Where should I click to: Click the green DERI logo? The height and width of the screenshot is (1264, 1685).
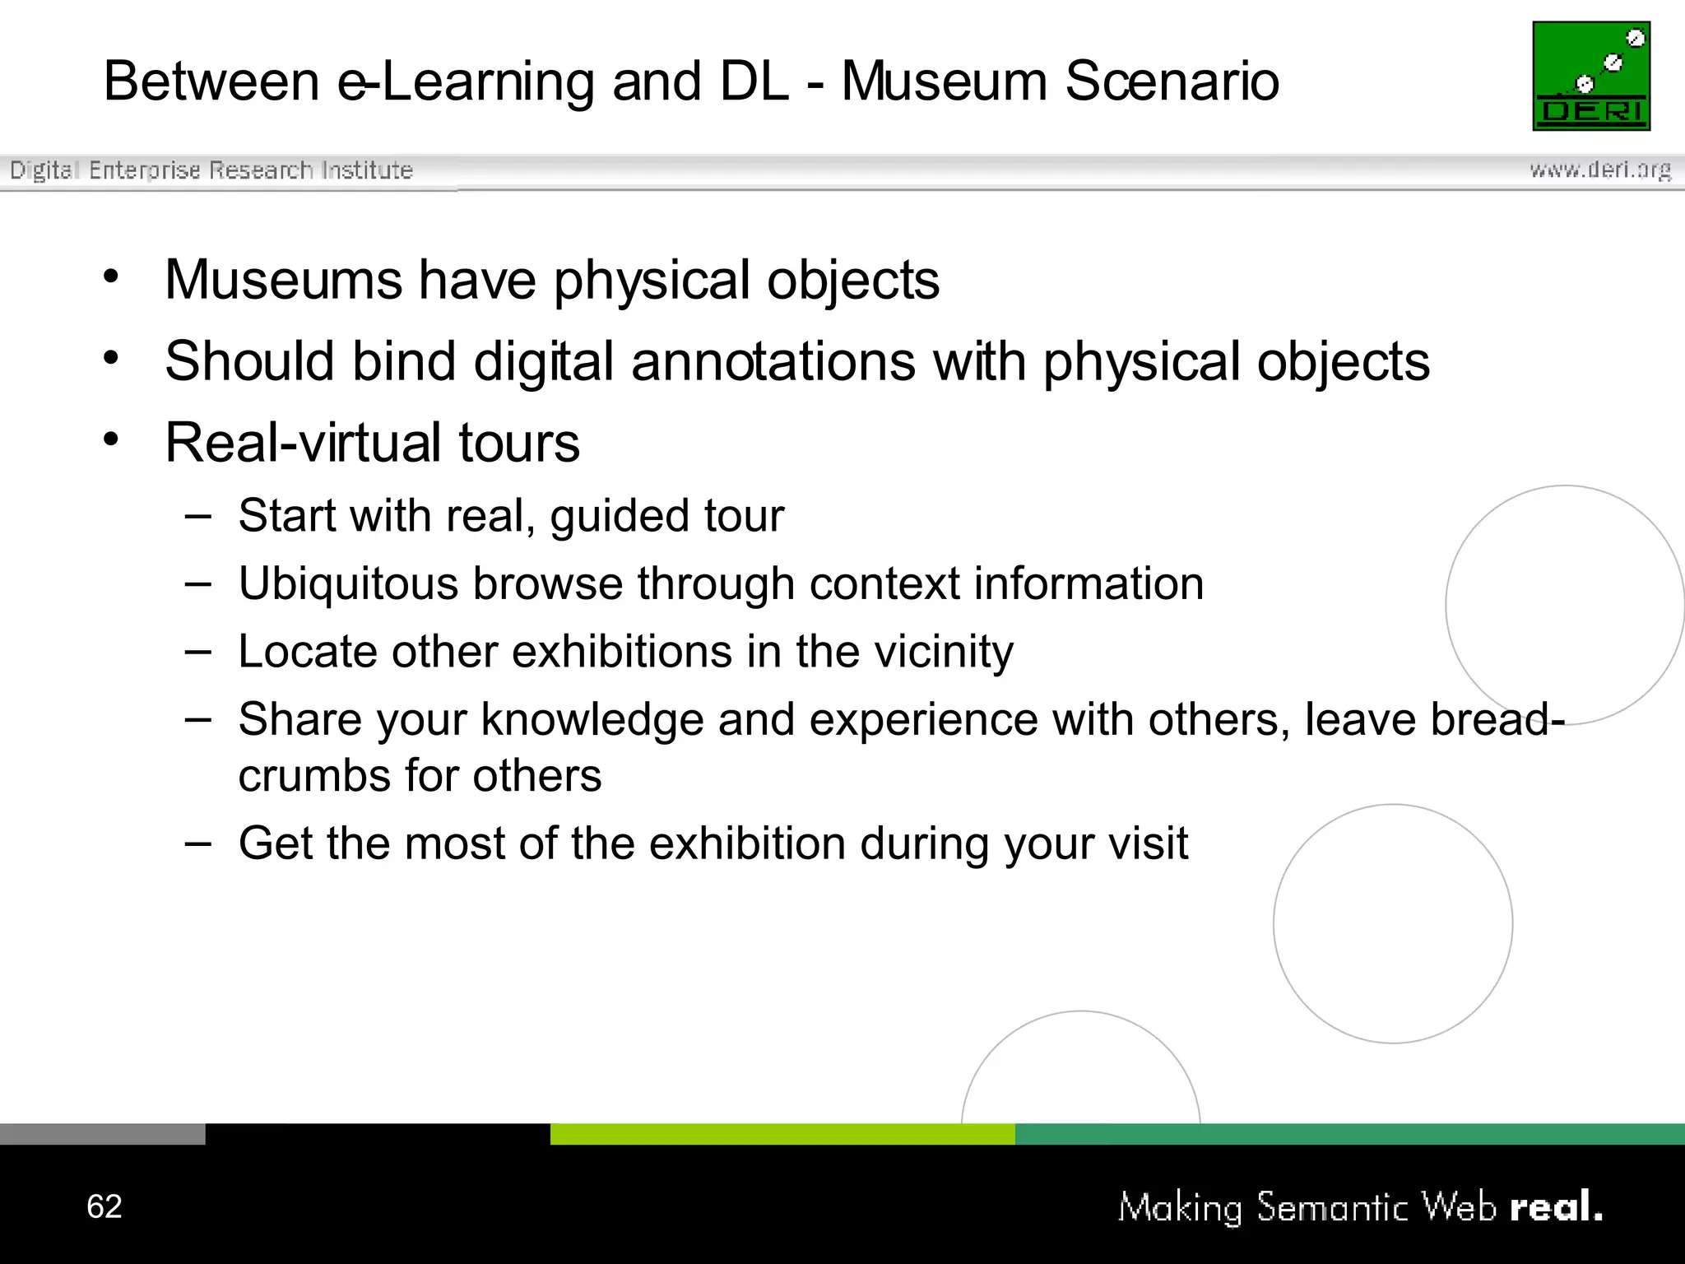(1591, 76)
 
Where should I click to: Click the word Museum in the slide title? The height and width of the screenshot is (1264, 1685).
(944, 81)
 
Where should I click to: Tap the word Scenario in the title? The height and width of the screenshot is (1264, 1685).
(1172, 81)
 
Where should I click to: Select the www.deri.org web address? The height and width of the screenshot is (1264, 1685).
(1599, 170)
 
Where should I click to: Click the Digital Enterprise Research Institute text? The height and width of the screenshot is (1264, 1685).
(211, 170)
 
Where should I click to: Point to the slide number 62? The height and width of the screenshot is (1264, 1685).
(104, 1206)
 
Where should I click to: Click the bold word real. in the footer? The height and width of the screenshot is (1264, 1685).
(1556, 1207)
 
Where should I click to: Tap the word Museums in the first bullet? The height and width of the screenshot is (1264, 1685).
(283, 280)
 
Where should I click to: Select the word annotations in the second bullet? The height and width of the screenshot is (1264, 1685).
(773, 361)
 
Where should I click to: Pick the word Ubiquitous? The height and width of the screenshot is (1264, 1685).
(348, 583)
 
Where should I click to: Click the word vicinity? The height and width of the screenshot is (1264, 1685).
(943, 652)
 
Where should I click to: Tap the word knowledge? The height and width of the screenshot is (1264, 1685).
(592, 719)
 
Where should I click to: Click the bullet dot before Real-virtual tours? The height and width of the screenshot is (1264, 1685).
(111, 439)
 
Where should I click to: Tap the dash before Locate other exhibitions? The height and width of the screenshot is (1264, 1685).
(198, 652)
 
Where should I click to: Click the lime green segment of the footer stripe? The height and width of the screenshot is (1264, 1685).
(782, 1134)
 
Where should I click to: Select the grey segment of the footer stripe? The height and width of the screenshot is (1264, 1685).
(102, 1134)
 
